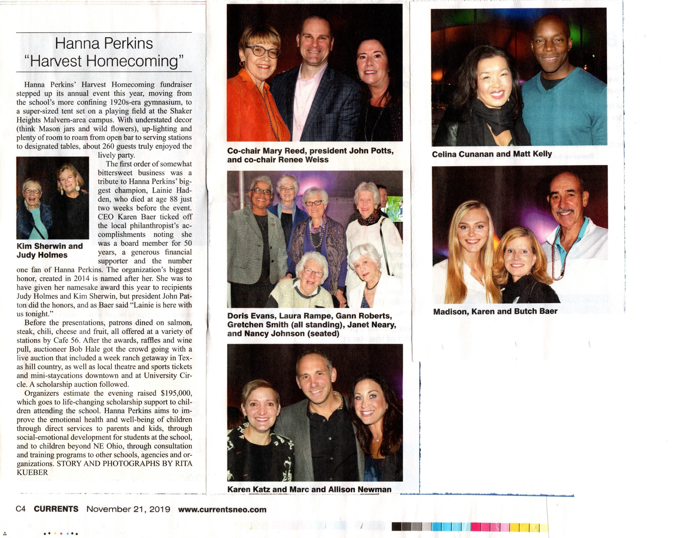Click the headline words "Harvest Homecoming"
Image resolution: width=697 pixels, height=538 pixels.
[104, 61]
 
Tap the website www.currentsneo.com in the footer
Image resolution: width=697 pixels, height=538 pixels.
[222, 509]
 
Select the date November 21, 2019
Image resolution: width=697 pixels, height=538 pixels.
[128, 509]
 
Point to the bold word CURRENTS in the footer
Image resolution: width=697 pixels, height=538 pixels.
[56, 509]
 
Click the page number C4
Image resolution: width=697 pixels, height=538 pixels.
[20, 509]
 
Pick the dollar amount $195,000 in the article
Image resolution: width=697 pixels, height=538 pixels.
[176, 393]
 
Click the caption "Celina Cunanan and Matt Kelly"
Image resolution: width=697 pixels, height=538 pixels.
[492, 154]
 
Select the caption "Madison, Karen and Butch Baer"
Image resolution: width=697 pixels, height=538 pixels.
[495, 312]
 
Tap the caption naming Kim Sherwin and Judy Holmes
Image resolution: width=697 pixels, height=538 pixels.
[49, 251]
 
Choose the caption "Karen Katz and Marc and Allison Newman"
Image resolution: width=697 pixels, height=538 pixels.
[309, 489]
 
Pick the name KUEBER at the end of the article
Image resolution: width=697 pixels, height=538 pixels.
[32, 472]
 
